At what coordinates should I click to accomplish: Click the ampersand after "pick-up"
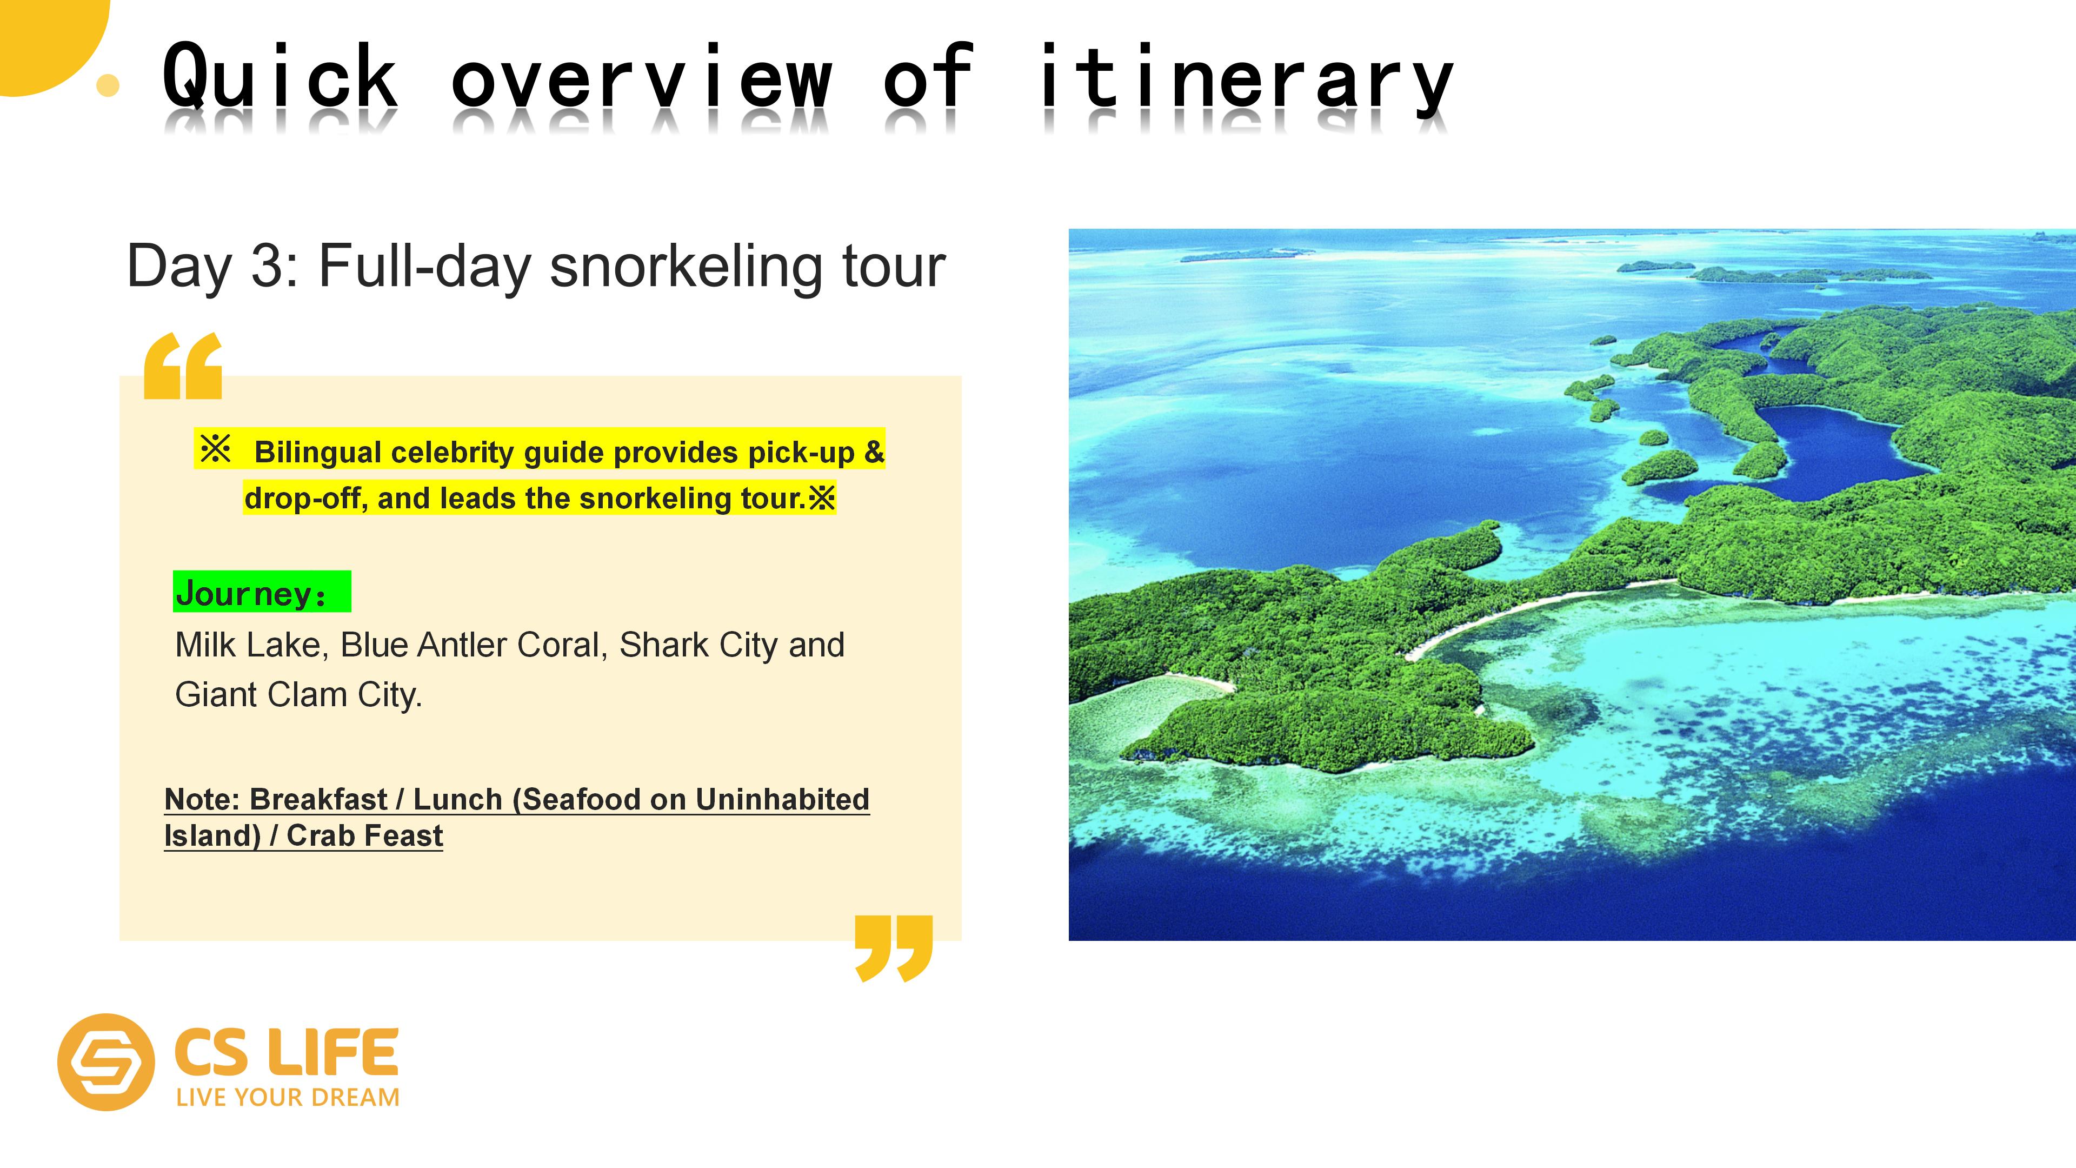pyautogui.click(x=874, y=452)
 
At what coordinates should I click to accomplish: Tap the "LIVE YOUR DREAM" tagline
pyautogui.click(x=288, y=1097)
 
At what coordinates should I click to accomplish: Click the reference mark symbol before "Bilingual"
pyautogui.click(x=215, y=449)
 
